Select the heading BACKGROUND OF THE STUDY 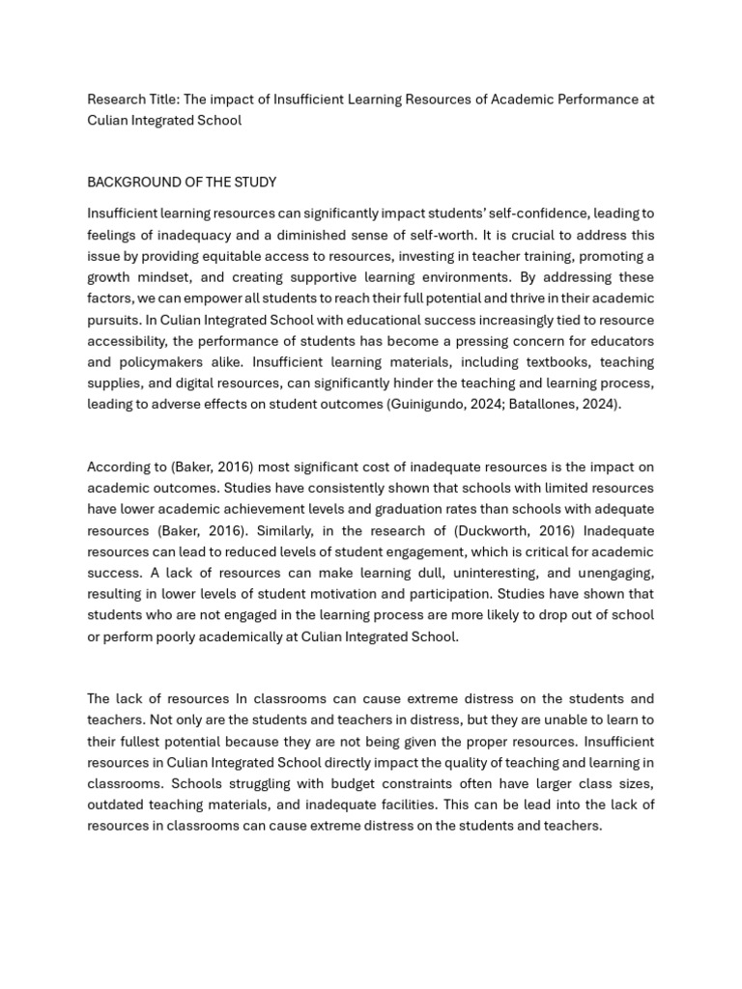182,182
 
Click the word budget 300,783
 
